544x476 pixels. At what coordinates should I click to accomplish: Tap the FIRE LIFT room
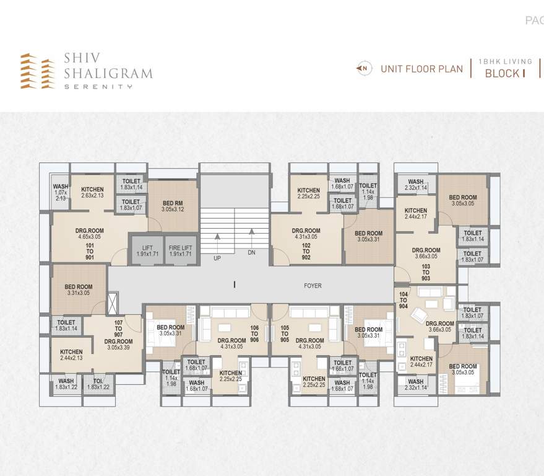181,250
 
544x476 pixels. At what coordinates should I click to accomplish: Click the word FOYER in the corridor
313,286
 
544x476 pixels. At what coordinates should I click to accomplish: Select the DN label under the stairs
251,253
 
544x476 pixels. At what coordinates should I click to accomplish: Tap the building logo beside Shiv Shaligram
37,71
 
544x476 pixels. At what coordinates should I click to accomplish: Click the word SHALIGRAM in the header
108,73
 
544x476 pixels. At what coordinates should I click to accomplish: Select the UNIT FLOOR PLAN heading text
421,69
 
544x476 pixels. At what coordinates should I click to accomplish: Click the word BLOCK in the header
501,74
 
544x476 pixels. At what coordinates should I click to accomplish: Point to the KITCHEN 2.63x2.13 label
92,193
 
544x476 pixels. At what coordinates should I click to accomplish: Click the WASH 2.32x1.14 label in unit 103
415,185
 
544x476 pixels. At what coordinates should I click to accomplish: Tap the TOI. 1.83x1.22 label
98,384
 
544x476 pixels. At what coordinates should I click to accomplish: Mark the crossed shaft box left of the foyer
112,304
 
